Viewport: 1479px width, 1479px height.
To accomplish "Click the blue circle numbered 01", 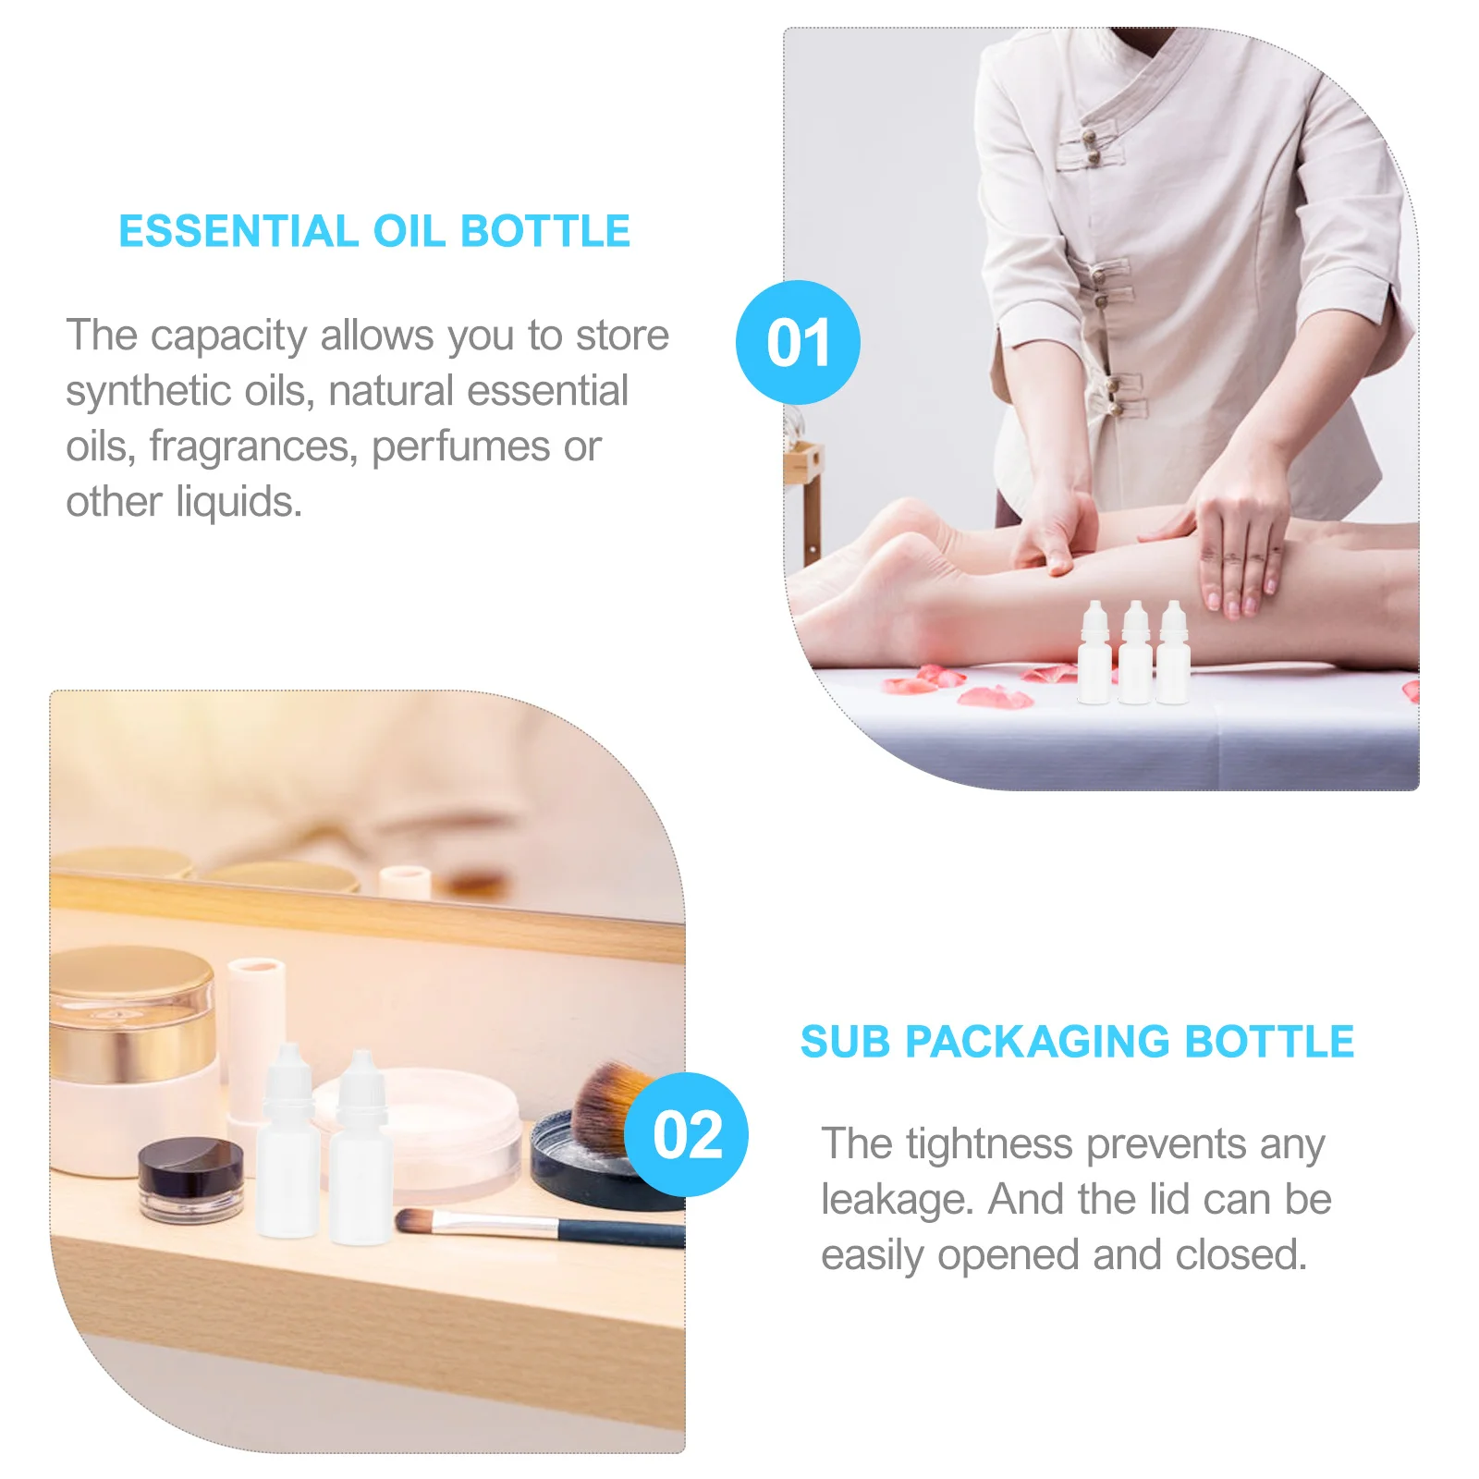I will pos(798,342).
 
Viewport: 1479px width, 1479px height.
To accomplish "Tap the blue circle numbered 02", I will pos(686,1134).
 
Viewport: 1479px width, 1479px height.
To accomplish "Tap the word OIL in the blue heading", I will pos(406,231).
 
